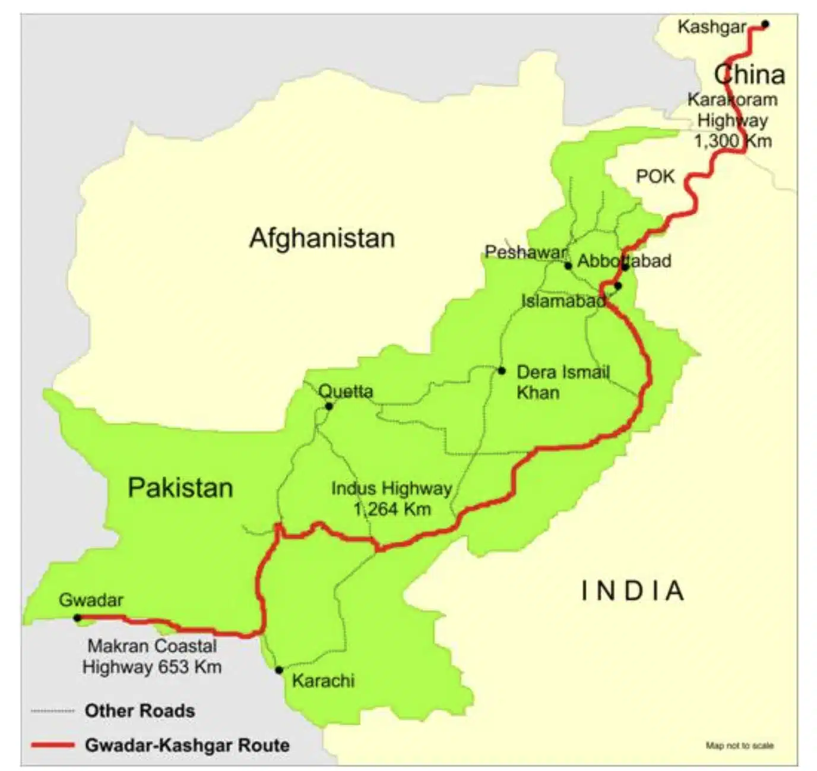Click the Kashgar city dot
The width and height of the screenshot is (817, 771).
click(x=765, y=24)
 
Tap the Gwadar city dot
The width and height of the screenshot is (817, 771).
click(x=77, y=618)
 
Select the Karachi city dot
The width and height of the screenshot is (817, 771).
click(x=279, y=670)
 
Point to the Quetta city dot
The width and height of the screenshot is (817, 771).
click(x=329, y=406)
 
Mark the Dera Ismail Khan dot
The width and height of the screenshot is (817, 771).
click(x=502, y=371)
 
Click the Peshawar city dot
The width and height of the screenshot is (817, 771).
click(x=568, y=266)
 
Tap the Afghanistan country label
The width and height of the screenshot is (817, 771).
click(x=322, y=238)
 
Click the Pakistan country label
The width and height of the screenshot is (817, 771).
click(x=180, y=488)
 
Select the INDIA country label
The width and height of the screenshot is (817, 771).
click(x=632, y=591)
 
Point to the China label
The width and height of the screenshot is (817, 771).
click(x=749, y=75)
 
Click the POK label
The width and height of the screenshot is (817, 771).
click(x=655, y=176)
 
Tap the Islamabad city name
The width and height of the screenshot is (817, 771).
click(x=563, y=301)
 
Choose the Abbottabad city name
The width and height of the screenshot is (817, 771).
click(x=624, y=261)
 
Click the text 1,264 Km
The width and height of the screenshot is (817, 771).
click(x=392, y=509)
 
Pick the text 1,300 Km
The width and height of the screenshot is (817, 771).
click(x=733, y=141)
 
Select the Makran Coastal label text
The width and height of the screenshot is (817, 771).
click(x=152, y=646)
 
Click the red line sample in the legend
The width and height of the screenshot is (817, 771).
click(x=53, y=745)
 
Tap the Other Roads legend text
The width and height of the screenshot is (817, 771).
click(x=140, y=710)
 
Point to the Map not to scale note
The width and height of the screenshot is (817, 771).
click(x=739, y=745)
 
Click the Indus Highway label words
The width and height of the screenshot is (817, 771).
click(x=391, y=488)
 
